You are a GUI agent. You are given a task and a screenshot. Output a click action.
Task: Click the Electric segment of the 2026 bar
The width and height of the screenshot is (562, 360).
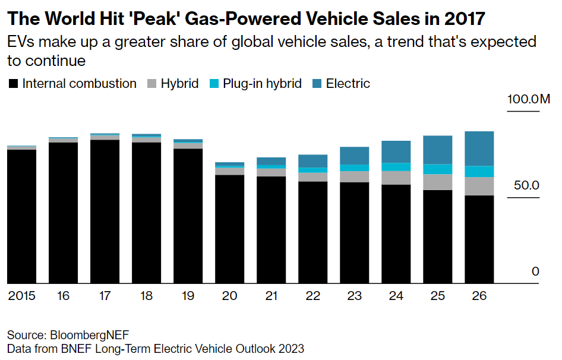[479, 149]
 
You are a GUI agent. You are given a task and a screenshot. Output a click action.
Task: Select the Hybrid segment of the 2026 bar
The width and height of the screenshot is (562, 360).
[479, 186]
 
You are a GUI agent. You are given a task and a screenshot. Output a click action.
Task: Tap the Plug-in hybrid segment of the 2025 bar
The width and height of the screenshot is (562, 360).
[437, 169]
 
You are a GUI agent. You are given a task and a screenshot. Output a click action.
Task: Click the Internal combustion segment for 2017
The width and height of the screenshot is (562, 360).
[105, 211]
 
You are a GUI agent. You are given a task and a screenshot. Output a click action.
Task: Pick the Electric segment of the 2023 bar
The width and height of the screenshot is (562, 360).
[354, 156]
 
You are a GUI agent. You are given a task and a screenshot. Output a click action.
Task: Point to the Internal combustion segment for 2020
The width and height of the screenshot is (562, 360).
[229, 229]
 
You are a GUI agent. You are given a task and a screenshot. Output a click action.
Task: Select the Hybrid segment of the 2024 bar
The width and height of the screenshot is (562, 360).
[396, 178]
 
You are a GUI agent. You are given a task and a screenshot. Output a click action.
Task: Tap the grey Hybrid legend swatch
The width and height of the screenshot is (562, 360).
[151, 84]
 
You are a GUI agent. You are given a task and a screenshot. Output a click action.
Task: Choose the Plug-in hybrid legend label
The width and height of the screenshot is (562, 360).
[262, 84]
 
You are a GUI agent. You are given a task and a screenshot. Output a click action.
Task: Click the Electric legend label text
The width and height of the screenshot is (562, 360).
[348, 84]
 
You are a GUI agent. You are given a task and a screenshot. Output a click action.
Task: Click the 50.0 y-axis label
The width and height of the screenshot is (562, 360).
[526, 185]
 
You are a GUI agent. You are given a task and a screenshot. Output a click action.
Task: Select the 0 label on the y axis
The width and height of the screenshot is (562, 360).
[535, 271]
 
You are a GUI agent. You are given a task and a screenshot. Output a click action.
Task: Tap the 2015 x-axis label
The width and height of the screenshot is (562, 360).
[21, 295]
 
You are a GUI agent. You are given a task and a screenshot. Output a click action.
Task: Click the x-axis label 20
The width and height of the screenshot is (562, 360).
[229, 295]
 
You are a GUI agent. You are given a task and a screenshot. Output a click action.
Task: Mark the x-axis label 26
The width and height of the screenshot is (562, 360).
[479, 295]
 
